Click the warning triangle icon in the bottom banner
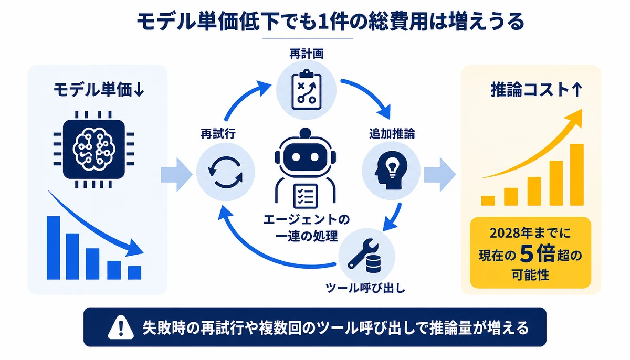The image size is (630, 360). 121,327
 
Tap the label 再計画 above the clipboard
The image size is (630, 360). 307,54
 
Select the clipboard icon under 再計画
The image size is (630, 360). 306,90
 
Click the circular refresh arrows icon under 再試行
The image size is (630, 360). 226,172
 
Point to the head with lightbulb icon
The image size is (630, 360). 391,171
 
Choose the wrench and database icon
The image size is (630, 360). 365,256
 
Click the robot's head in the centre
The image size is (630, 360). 306,152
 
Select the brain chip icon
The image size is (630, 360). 94,149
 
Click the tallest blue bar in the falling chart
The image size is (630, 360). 54,248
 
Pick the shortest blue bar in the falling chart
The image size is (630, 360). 134,272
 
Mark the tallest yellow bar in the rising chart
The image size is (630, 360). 577,175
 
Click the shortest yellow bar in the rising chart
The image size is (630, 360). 488,200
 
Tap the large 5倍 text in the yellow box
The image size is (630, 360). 537,254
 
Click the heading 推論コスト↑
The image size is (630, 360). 537,90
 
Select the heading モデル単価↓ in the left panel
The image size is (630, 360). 99,90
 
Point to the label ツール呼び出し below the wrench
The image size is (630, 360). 365,288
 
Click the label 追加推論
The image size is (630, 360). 392,133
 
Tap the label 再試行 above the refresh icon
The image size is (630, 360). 218,134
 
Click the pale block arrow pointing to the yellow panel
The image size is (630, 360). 440,175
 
